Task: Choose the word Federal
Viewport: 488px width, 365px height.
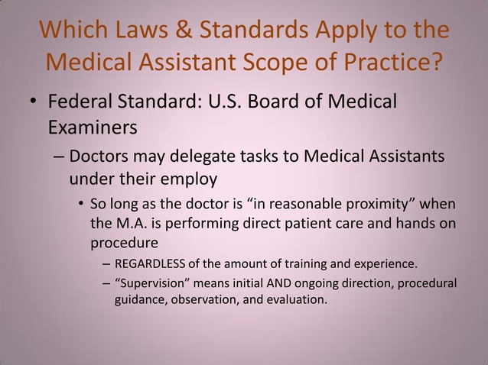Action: (80, 102)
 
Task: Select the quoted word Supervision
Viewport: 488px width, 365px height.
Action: (157, 284)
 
